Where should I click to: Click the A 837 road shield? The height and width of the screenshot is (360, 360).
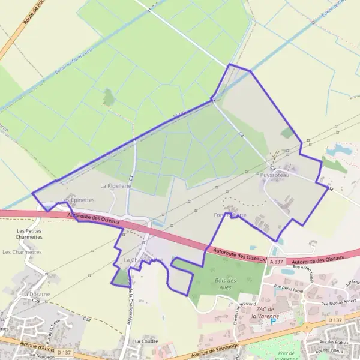(x=276, y=262)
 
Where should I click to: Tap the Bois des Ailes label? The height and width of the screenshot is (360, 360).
(x=225, y=284)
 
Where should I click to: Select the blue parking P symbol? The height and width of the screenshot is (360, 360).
(x=274, y=321)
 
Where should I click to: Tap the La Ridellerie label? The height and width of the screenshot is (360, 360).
(x=115, y=186)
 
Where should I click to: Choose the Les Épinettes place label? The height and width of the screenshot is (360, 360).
(x=77, y=200)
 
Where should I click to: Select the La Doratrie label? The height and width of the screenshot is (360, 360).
(x=35, y=295)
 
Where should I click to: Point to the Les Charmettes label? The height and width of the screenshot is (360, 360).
(x=22, y=252)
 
